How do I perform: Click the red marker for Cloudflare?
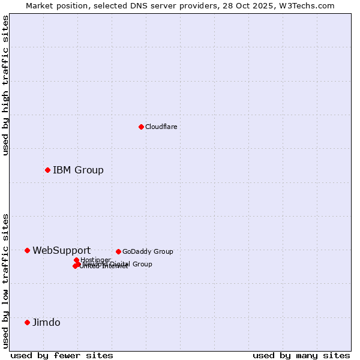[141, 127]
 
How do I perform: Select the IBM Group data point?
[47, 170]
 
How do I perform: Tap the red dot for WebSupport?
[27, 250]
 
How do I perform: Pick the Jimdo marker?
[27, 322]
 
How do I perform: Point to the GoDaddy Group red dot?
[118, 251]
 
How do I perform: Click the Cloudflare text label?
[161, 127]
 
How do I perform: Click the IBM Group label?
[78, 170]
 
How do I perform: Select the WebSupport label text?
[61, 250]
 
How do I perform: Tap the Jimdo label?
[46, 322]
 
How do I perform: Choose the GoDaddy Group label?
[148, 251]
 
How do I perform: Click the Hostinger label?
[95, 260]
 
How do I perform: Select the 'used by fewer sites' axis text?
[62, 355]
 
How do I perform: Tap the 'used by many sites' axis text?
[301, 355]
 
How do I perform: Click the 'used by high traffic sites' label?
[5, 85]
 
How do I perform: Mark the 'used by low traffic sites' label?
[5, 280]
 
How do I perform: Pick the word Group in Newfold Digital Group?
[142, 264]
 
